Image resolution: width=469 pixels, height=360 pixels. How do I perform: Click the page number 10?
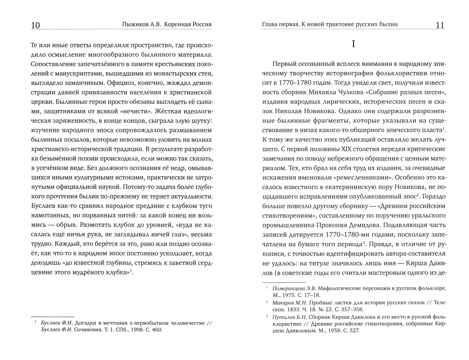[35, 25]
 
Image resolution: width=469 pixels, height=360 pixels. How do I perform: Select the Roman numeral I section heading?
[353, 44]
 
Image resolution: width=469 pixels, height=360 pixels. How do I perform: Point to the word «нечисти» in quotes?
[135, 111]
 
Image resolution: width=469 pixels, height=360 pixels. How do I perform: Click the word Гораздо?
[432, 197]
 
